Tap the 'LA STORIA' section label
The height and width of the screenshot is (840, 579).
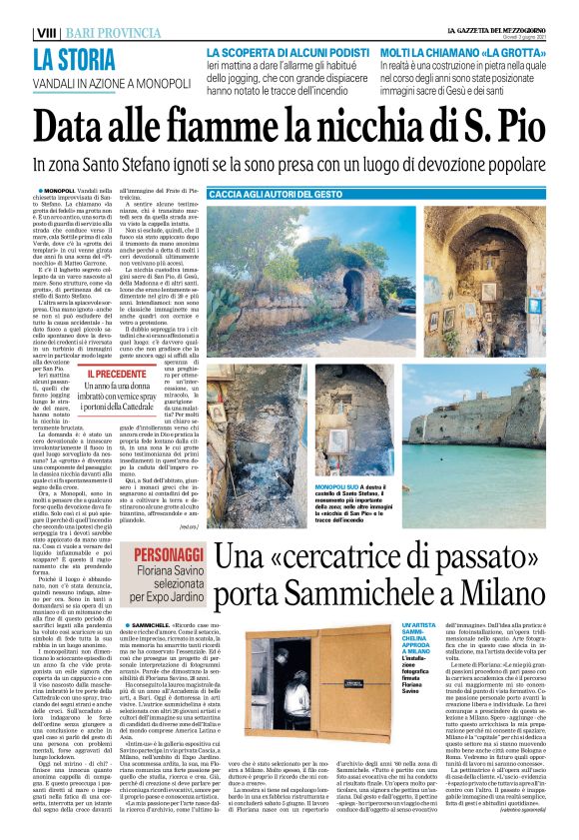coord(74,59)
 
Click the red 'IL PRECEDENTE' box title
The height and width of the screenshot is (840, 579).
coord(116,373)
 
